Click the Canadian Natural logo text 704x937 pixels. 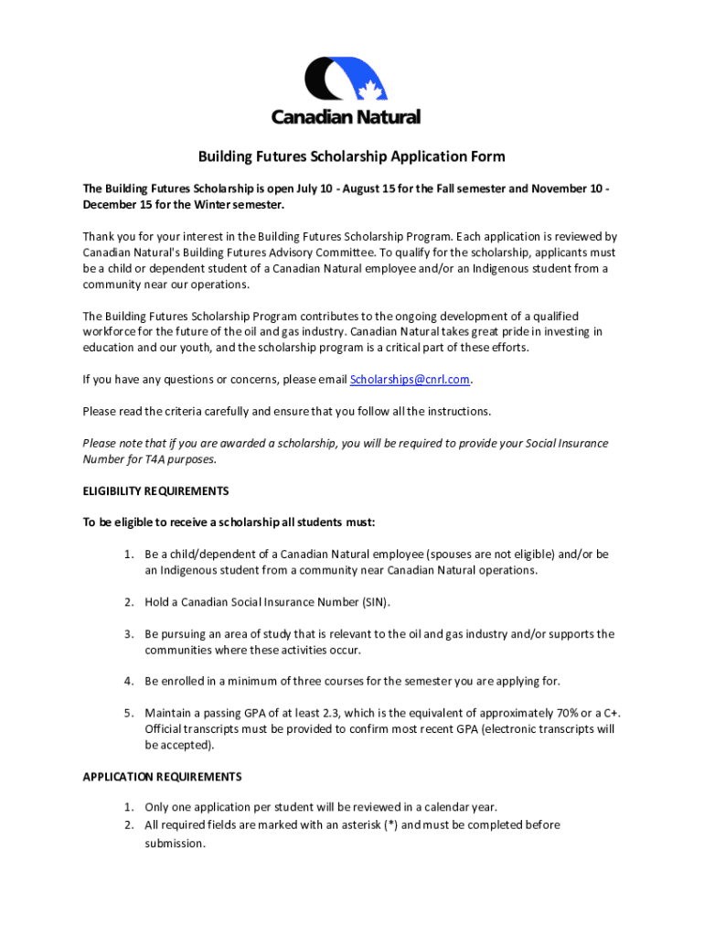pyautogui.click(x=346, y=117)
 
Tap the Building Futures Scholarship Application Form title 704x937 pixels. pyautogui.click(x=352, y=156)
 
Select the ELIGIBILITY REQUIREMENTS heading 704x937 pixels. pyautogui.click(x=155, y=491)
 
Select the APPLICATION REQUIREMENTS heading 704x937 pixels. pyautogui.click(x=162, y=777)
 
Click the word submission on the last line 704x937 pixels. pyautogui.click(x=175, y=844)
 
